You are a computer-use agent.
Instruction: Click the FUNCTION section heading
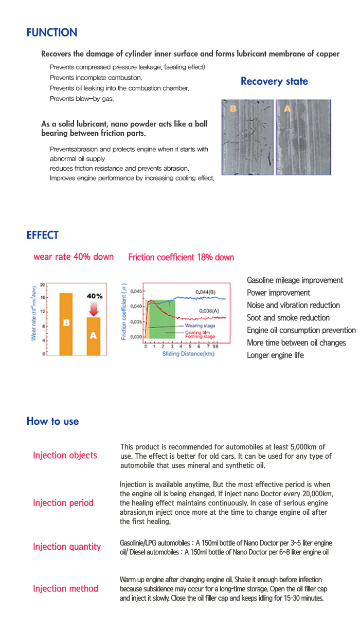[x=52, y=33]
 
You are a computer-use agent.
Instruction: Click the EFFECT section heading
[x=43, y=236]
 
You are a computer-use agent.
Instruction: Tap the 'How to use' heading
[x=52, y=422]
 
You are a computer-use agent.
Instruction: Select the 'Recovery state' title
[x=274, y=81]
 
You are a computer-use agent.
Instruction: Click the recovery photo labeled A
[x=302, y=137]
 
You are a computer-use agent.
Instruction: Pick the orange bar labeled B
[x=66, y=323]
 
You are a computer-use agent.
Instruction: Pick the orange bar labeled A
[x=93, y=335]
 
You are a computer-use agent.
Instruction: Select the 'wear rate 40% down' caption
[x=74, y=257]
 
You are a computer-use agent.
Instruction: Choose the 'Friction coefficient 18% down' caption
[x=181, y=257]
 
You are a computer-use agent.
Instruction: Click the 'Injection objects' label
[x=65, y=455]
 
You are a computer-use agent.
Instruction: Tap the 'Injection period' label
[x=63, y=502]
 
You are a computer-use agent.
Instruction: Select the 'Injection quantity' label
[x=67, y=547]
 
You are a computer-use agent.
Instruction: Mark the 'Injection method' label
[x=65, y=588]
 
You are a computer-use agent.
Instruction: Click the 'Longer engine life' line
[x=275, y=355]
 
